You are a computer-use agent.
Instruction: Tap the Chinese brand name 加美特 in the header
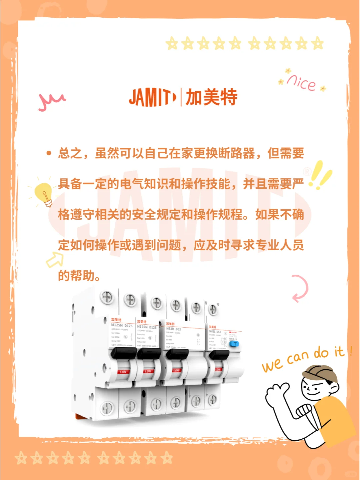pos(211,97)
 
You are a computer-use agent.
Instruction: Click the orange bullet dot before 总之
pos(49,153)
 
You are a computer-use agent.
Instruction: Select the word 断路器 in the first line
pos(236,153)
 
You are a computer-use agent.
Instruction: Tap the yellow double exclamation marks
pos(320,175)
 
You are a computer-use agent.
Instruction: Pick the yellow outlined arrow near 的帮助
pos(55,260)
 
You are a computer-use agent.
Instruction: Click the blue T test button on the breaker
pos(234,344)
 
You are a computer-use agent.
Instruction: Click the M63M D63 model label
pos(174,329)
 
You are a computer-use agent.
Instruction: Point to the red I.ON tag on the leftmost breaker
pos(123,372)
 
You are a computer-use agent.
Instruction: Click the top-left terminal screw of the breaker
pos(107,297)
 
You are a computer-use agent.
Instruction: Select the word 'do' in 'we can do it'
pos(321,353)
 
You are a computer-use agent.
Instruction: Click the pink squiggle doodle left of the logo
pos(51,101)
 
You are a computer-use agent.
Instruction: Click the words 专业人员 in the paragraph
pos(279,245)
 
